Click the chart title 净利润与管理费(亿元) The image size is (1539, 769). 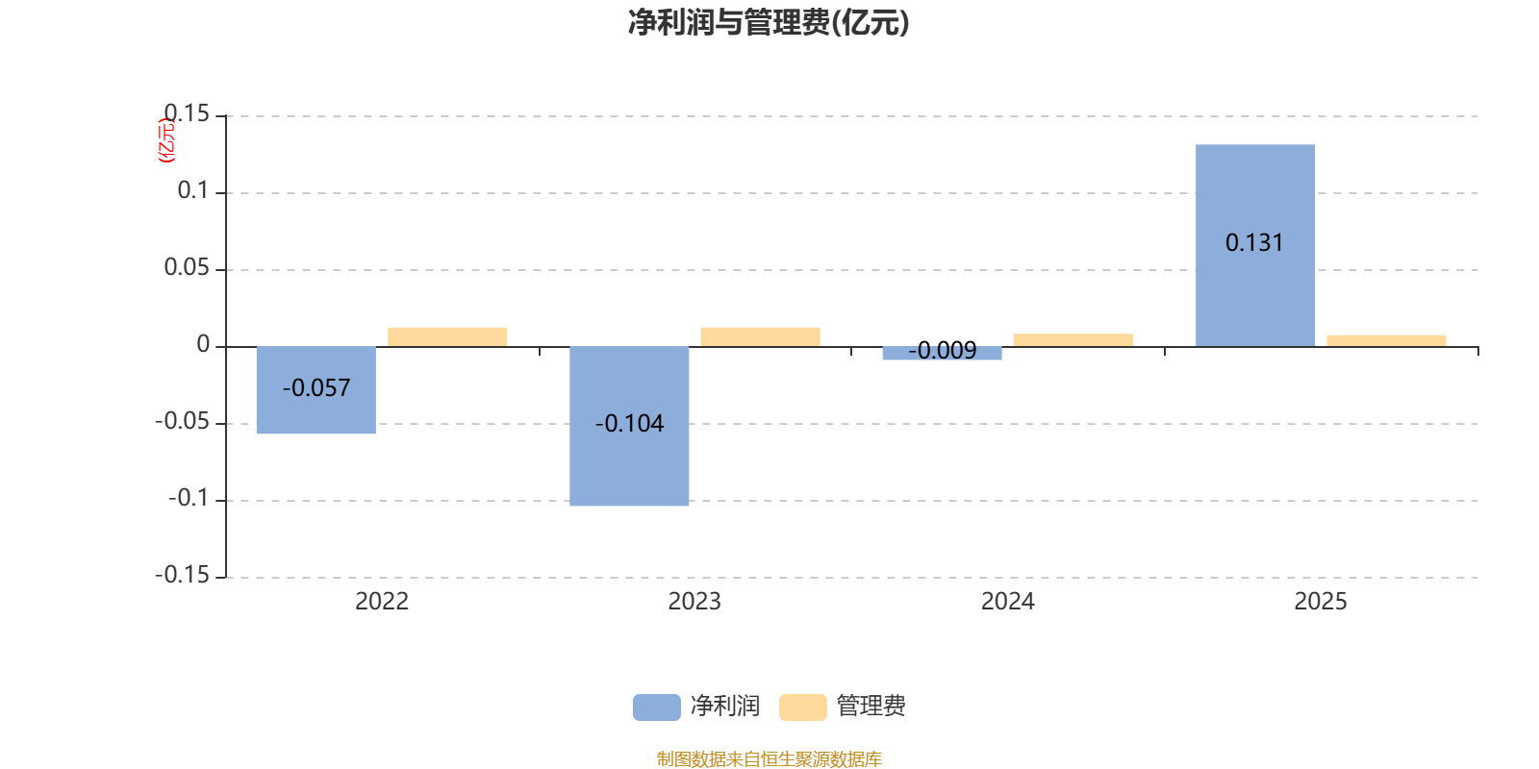click(x=769, y=23)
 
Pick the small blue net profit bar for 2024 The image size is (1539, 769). click(x=942, y=354)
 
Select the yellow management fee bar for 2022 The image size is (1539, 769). click(x=447, y=336)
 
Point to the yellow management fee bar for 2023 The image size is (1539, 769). click(x=760, y=336)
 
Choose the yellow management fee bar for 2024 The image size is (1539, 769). click(x=1073, y=339)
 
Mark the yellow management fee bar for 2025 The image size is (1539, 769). click(x=1386, y=340)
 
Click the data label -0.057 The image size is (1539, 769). click(x=316, y=388)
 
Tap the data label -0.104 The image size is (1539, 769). click(x=629, y=424)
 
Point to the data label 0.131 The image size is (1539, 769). click(x=1254, y=243)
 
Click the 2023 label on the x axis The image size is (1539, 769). click(x=694, y=602)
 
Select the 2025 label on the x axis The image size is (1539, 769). click(x=1320, y=602)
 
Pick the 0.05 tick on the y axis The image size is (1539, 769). click(x=187, y=268)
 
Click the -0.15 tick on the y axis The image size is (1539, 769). click(x=182, y=576)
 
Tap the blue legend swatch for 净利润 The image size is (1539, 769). click(x=656, y=707)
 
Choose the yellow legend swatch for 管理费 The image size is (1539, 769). click(x=802, y=707)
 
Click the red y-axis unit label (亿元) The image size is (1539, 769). click(x=166, y=140)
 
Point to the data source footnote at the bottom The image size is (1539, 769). click(x=769, y=759)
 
